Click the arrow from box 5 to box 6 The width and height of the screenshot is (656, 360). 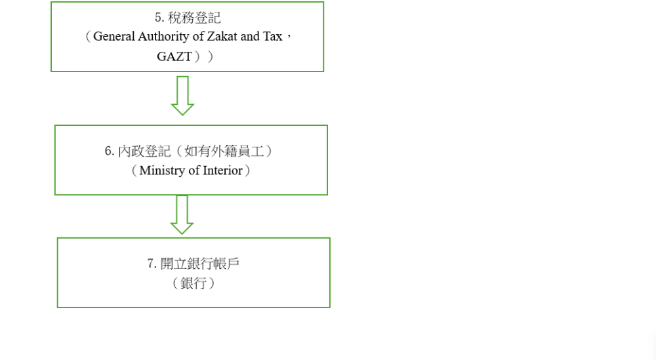click(x=182, y=95)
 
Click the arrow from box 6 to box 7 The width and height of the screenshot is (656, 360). click(x=182, y=215)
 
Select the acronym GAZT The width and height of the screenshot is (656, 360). click(x=174, y=56)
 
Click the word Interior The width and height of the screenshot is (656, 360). click(x=222, y=170)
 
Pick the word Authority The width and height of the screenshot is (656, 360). click(x=163, y=37)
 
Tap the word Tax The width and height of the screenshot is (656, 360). click(x=273, y=36)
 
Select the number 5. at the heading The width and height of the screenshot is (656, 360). click(x=159, y=18)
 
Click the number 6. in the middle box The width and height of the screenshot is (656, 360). click(x=109, y=151)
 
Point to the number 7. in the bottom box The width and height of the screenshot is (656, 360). click(x=152, y=264)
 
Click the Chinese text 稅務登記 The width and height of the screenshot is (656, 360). click(x=194, y=18)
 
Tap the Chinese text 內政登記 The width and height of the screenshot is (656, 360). click(x=144, y=151)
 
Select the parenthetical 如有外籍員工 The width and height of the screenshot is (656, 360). click(x=224, y=151)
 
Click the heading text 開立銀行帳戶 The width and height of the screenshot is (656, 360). click(x=200, y=264)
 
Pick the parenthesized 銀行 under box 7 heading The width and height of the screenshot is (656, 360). click(x=194, y=283)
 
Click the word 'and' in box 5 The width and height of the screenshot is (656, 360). click(x=250, y=36)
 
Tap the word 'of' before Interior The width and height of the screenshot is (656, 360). click(x=194, y=170)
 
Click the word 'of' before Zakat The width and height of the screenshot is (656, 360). click(x=198, y=36)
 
